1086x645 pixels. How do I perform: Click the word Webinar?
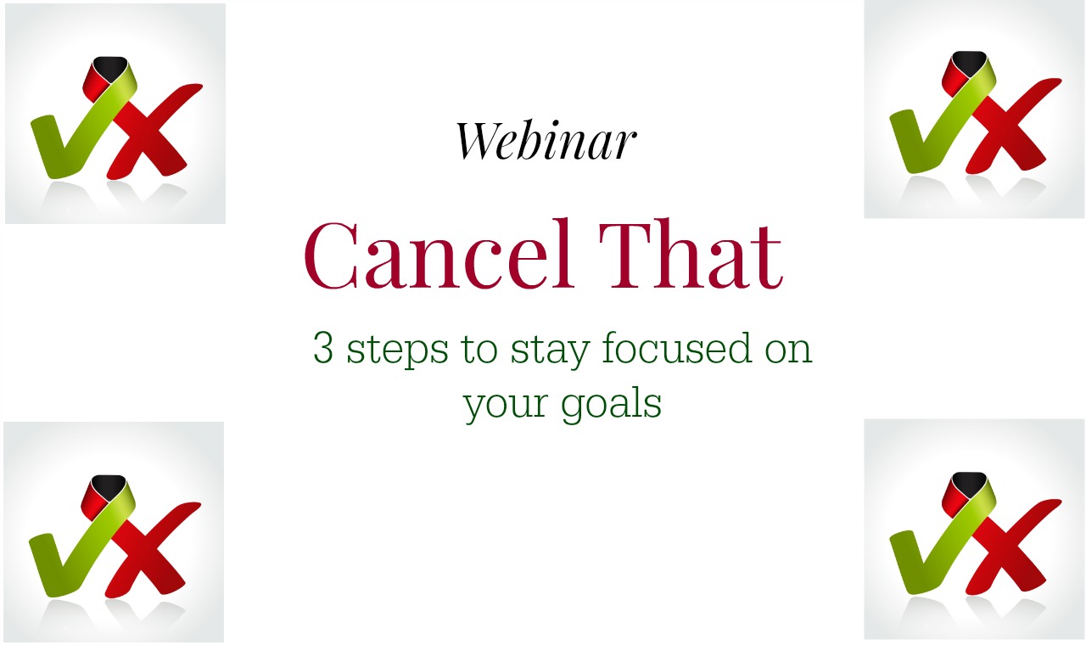tap(546, 140)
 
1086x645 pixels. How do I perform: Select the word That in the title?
tap(691, 254)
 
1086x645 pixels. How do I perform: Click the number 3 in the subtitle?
tap(323, 347)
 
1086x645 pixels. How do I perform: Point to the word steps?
tap(398, 351)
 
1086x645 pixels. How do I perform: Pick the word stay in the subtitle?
tap(551, 351)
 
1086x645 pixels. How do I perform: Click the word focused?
tap(677, 347)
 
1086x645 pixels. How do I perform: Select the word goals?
tap(612, 403)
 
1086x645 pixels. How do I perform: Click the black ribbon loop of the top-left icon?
tap(109, 66)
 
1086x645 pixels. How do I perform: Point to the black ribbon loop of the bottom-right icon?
tap(969, 482)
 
